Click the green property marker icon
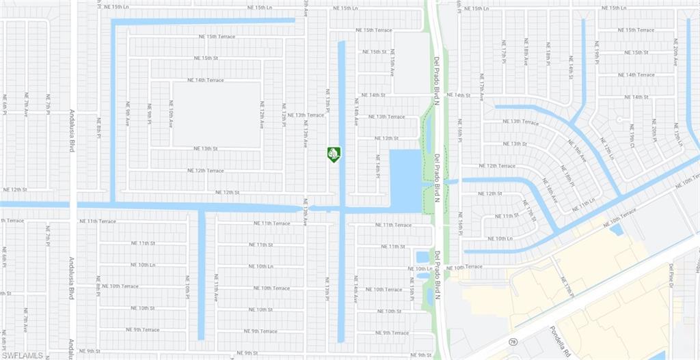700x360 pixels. (334, 154)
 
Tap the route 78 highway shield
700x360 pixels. (513, 341)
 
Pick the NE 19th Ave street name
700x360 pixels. (578, 150)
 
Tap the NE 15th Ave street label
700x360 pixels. (392, 66)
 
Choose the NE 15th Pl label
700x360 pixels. (412, 289)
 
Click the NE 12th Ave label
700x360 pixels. (261, 115)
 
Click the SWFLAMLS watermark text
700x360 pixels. (23, 355)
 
